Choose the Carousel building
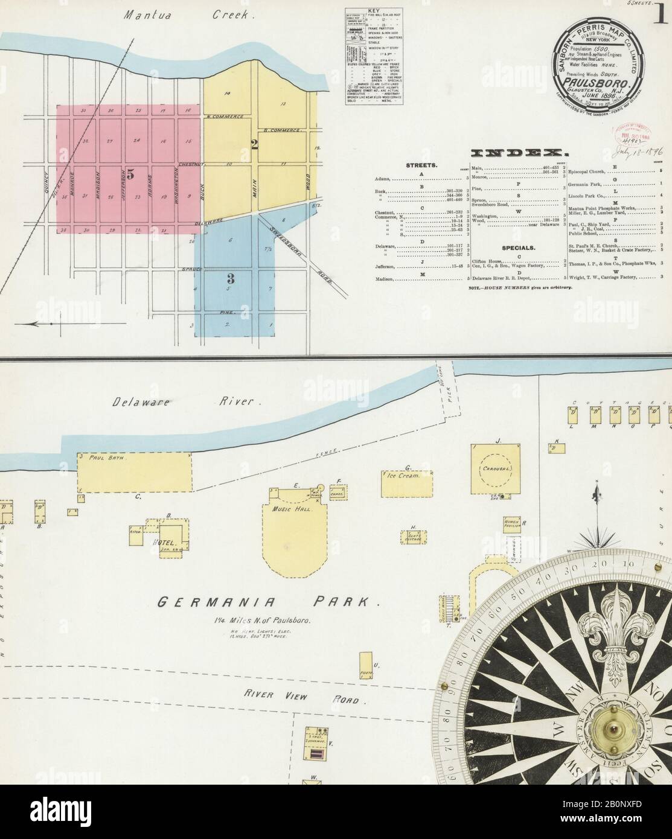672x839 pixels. (496, 470)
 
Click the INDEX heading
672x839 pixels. (517, 153)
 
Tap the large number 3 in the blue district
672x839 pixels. (230, 278)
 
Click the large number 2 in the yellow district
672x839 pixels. (254, 144)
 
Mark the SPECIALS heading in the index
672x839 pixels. (519, 248)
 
